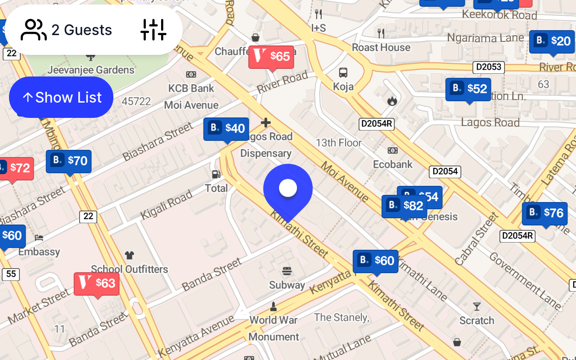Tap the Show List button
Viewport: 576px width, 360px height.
pos(61,97)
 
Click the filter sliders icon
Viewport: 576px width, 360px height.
pos(153,30)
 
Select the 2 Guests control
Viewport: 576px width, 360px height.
pos(67,30)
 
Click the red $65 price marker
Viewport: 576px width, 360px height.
pos(271,57)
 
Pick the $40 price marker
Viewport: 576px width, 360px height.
pos(226,129)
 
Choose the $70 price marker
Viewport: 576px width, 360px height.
pos(69,161)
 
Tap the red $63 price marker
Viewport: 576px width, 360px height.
pos(97,283)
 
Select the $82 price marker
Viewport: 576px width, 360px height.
pos(404,206)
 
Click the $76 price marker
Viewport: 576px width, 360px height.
pos(544,213)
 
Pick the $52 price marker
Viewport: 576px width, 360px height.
pos(468,89)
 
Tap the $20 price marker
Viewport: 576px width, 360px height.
pos(552,42)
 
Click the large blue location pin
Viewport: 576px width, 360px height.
pos(288,189)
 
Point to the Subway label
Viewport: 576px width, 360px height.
pos(287,285)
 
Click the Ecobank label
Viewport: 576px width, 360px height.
pos(393,164)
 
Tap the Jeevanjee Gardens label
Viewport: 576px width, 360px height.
pos(91,70)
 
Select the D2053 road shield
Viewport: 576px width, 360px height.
pos(488,67)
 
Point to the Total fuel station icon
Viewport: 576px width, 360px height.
pos(216,174)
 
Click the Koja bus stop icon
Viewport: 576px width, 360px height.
pos(343,72)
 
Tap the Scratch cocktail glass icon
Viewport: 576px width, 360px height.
pos(477,307)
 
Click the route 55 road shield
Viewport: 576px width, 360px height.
pos(11,274)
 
